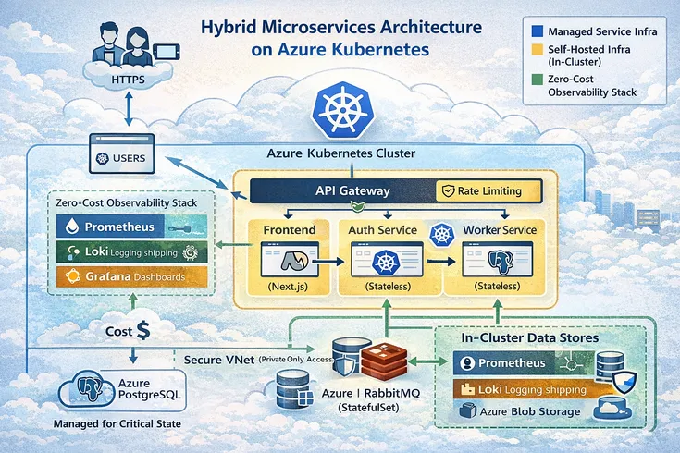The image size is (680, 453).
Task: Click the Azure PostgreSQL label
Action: click(135, 389)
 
